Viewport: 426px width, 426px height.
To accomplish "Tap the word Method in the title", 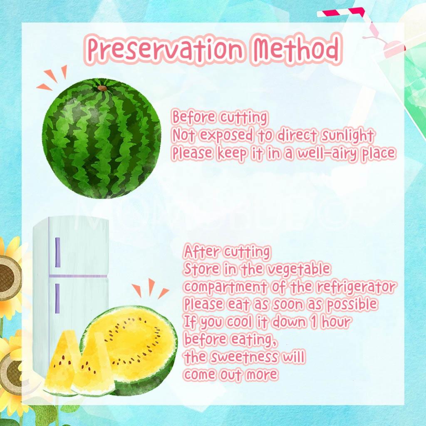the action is [297, 49].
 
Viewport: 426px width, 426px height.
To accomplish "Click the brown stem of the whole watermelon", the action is [102, 88].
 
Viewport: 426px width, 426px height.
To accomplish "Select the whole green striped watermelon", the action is [102, 138].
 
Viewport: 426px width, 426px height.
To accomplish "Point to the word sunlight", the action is [347, 135].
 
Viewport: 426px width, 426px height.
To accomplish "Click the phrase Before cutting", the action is [220, 117].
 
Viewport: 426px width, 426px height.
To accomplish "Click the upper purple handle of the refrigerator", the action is [57, 253].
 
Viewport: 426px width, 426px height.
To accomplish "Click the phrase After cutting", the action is [227, 252].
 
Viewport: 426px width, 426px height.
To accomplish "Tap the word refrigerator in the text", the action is [357, 287].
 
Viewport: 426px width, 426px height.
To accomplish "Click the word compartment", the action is [225, 287].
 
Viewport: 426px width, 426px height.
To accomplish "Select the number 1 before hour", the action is [314, 322].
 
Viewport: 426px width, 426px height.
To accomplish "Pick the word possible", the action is [352, 305].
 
